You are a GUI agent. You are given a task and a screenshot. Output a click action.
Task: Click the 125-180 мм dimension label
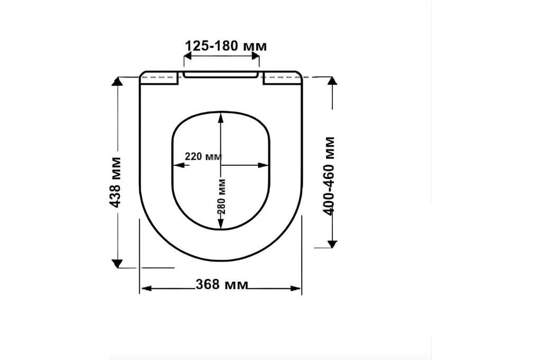226,46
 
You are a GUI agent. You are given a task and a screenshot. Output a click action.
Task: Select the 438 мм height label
116,182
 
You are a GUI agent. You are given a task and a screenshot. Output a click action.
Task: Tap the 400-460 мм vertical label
330,175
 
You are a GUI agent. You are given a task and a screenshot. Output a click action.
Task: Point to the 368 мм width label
222,285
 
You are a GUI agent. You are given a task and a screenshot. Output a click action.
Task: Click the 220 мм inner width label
203,157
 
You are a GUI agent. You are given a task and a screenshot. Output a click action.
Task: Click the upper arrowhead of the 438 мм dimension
117,81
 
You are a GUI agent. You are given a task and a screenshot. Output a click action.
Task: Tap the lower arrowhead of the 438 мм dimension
117,263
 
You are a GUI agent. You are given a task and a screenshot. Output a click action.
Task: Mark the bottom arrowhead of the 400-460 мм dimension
332,243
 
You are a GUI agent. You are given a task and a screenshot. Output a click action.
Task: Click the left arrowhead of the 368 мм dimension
145,288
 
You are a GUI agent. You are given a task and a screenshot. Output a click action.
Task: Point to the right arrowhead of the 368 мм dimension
296,288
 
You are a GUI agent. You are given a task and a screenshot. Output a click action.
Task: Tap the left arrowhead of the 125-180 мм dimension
187,56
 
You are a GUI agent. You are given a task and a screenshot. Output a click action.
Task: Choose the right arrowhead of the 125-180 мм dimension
256,56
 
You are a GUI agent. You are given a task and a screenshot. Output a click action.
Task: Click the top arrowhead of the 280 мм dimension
221,117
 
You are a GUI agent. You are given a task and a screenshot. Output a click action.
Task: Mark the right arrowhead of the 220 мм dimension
264,165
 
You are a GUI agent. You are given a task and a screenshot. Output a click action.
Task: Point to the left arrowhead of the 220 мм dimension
178,165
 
